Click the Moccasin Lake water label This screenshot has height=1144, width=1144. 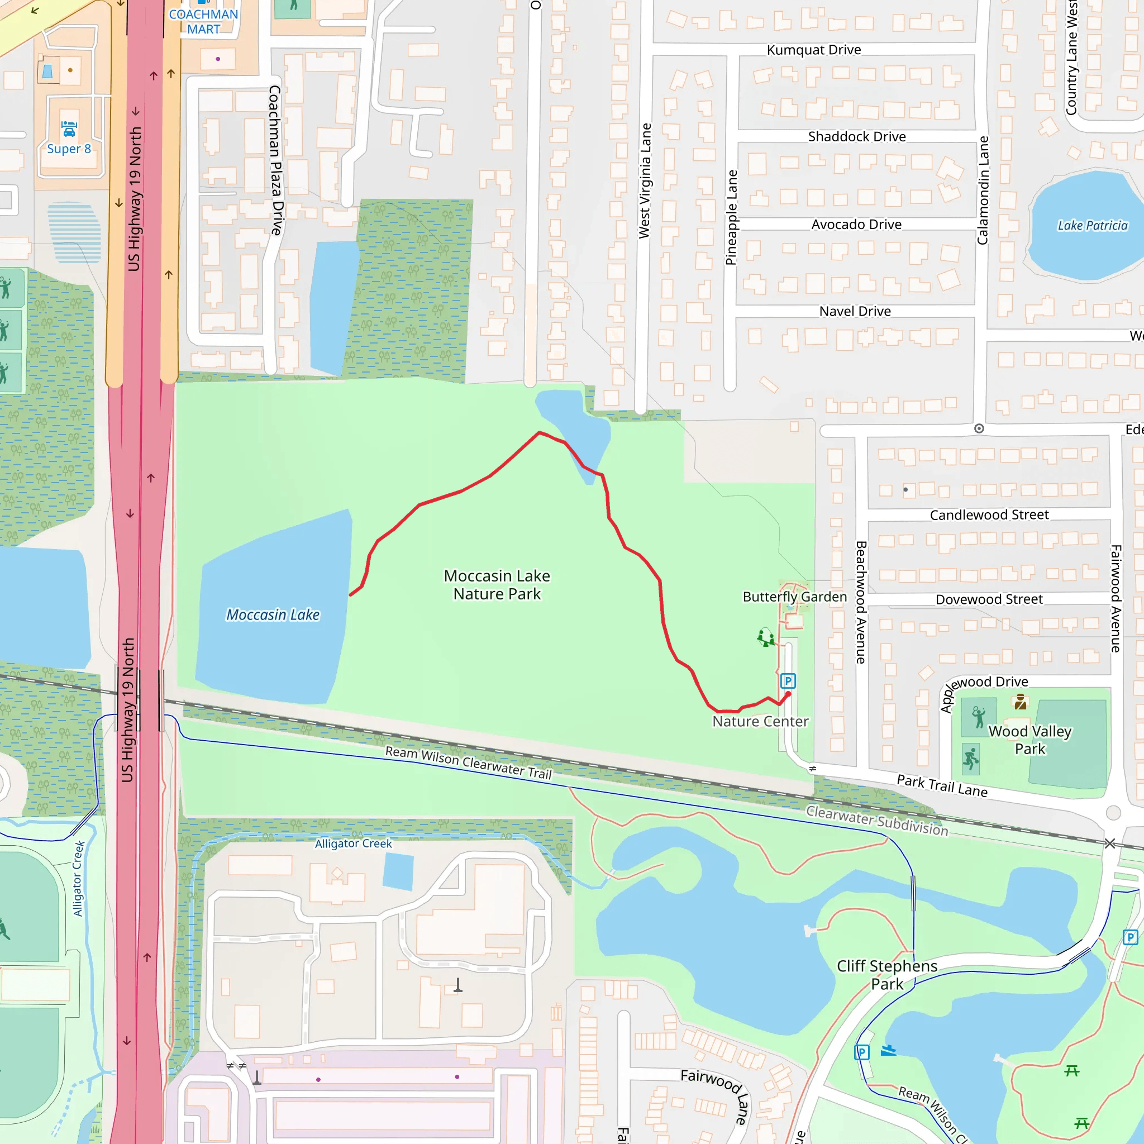[x=273, y=614]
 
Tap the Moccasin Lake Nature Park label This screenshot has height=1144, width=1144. [x=497, y=584]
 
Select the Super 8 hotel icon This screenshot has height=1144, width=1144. [x=69, y=128]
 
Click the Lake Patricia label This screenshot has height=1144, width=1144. [x=1093, y=226]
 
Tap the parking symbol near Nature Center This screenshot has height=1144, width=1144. [x=788, y=681]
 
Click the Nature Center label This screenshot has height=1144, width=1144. [x=760, y=721]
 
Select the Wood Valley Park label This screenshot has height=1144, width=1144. [x=1029, y=740]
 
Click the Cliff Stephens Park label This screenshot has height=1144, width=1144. [x=886, y=975]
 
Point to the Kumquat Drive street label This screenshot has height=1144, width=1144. [x=813, y=50]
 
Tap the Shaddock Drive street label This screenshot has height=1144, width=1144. [x=856, y=137]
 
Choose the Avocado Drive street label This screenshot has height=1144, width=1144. [x=856, y=225]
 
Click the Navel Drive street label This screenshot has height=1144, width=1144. [x=855, y=311]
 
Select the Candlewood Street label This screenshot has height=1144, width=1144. [x=989, y=514]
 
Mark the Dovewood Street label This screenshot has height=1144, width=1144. [x=989, y=599]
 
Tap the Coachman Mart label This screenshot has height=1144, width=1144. [x=203, y=22]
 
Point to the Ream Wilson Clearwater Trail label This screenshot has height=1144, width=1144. [x=468, y=762]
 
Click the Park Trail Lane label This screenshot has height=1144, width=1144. [x=941, y=786]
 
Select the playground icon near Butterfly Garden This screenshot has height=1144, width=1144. [x=766, y=638]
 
